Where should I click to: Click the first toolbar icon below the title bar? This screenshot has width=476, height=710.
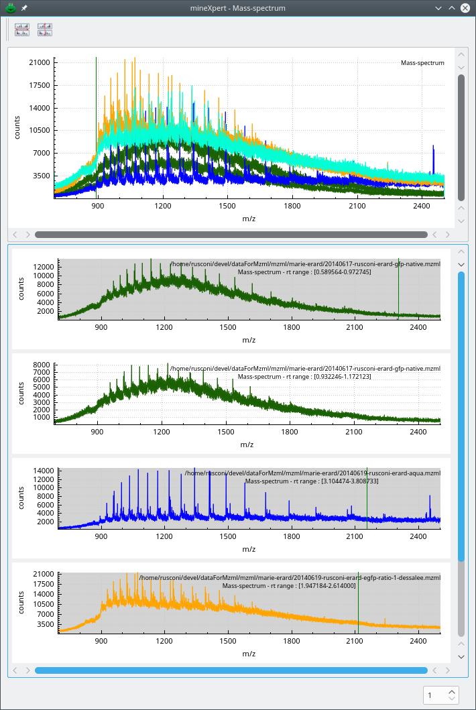coord(22,29)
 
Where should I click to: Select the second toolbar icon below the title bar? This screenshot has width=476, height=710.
coord(45,29)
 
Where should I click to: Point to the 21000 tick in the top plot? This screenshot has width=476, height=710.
coord(38,62)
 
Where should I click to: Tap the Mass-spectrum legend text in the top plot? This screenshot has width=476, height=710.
coord(422,63)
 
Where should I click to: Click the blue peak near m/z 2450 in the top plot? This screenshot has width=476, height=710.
coord(433,161)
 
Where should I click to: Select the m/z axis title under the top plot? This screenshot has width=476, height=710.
coord(249,219)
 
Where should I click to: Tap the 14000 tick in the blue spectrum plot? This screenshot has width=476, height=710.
coord(42,471)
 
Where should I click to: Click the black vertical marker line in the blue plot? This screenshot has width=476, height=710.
coord(367,496)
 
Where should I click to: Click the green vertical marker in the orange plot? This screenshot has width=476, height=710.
coord(358,603)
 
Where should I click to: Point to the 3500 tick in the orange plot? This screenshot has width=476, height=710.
coord(44,624)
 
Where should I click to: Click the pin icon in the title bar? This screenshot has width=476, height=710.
coord(24,8)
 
